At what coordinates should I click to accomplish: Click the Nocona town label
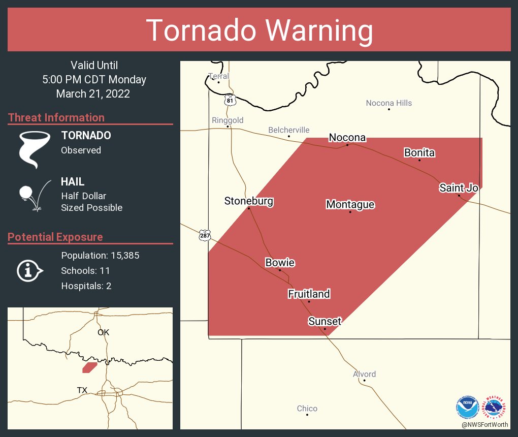click(347, 138)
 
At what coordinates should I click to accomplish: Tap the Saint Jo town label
click(459, 188)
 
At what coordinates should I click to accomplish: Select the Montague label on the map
click(350, 204)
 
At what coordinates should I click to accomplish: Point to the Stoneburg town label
click(249, 201)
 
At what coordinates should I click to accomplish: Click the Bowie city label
click(280, 263)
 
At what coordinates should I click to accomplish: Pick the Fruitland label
click(309, 294)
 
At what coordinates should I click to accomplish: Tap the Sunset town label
click(325, 321)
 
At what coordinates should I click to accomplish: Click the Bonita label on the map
click(419, 152)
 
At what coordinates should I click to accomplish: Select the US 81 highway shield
click(231, 100)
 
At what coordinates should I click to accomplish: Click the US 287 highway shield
click(205, 235)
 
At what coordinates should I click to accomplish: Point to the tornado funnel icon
click(34, 149)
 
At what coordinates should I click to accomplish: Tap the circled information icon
click(30, 270)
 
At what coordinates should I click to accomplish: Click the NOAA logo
click(467, 407)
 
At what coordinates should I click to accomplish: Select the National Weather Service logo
click(496, 407)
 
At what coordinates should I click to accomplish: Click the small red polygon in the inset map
click(90, 367)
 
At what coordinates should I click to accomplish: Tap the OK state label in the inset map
click(103, 332)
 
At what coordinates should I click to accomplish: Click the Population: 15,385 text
click(100, 255)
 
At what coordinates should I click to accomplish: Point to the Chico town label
click(307, 409)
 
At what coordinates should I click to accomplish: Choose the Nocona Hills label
click(389, 103)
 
